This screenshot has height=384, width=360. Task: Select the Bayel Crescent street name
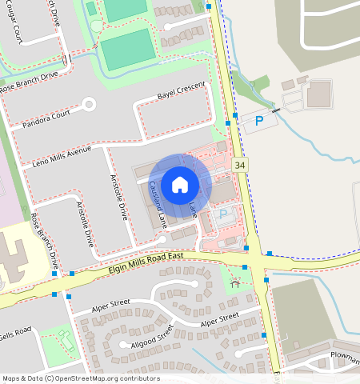tap(181, 90)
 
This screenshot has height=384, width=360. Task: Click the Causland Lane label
tap(157, 206)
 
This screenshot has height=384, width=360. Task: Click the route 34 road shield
tap(240, 164)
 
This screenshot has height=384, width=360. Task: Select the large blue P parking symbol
tap(258, 121)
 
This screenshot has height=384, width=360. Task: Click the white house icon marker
tap(180, 185)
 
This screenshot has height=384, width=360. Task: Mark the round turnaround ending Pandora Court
tap(89, 103)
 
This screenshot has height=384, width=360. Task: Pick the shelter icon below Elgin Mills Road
tap(234, 283)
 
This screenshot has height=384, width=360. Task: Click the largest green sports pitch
tap(127, 50)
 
